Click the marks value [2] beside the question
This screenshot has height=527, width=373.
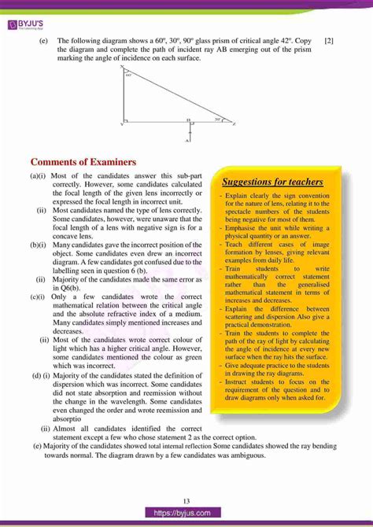click(x=328, y=40)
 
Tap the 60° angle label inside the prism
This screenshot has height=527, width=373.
click(x=129, y=76)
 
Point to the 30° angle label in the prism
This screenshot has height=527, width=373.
click(x=218, y=120)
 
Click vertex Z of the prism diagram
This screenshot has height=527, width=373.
click(x=235, y=124)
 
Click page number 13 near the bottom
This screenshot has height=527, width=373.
click(x=186, y=501)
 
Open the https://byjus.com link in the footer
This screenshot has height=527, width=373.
click(x=186, y=512)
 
